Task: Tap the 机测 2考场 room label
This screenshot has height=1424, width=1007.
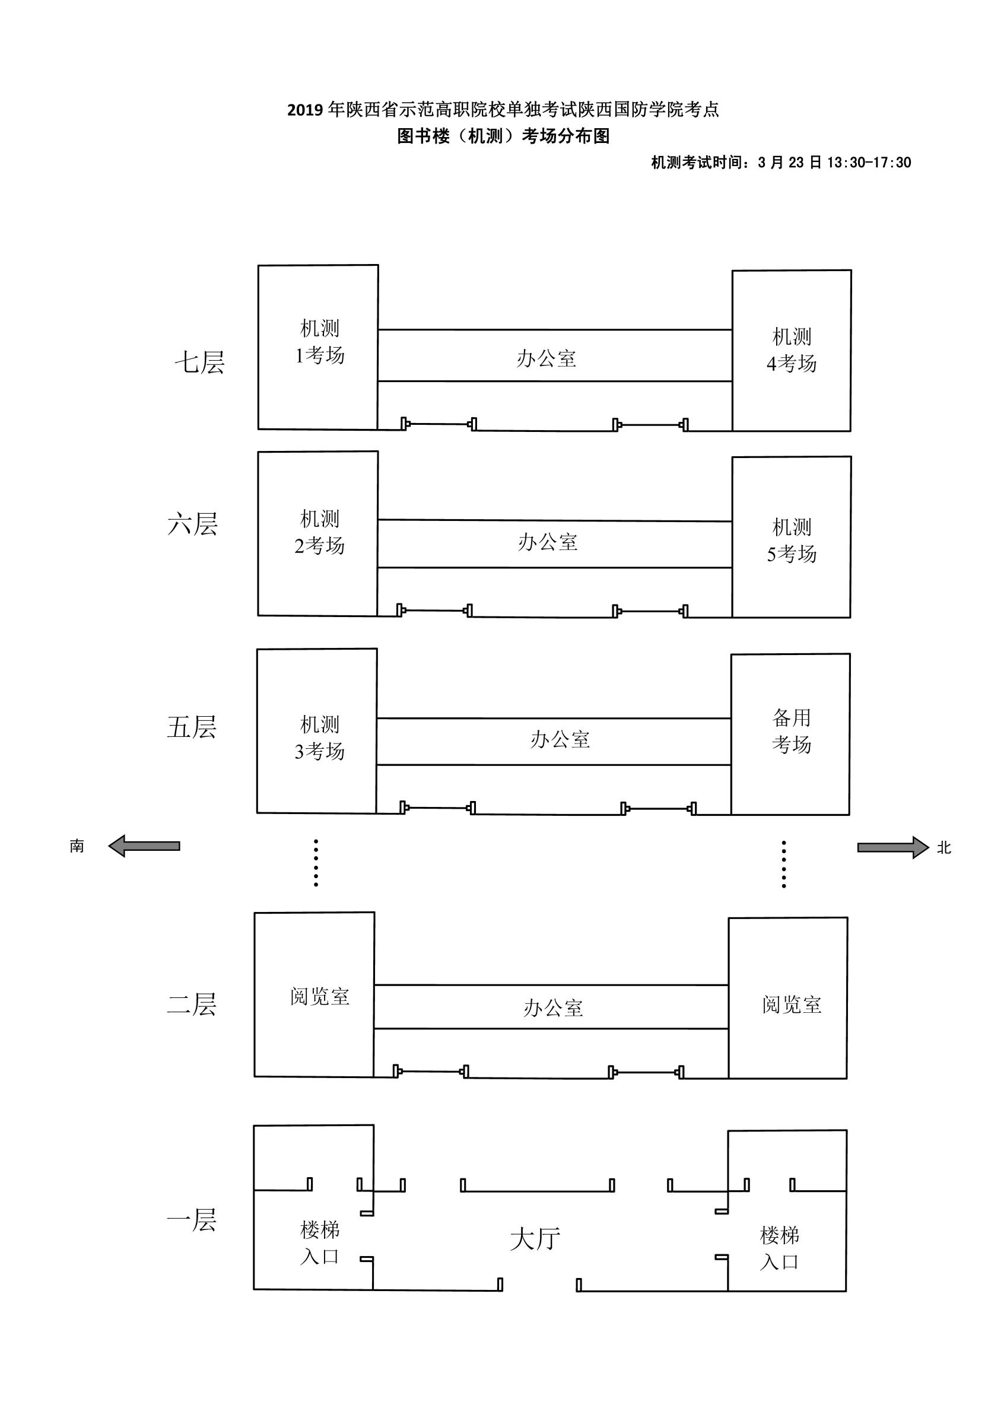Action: [x=319, y=532]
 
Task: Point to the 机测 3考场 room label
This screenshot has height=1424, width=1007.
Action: [x=319, y=738]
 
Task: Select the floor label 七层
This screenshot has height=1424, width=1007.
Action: [x=199, y=362]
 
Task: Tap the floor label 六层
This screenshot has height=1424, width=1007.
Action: [x=192, y=525]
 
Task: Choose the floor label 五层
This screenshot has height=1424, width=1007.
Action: [x=191, y=727]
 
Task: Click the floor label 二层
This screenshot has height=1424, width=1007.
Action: [x=191, y=1005]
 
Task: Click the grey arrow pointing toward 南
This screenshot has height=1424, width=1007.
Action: [x=144, y=846]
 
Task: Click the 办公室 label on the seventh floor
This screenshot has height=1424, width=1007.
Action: [x=546, y=358]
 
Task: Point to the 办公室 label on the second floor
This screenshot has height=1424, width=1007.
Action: [x=553, y=1008]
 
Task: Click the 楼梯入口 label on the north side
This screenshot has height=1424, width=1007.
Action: [x=779, y=1248]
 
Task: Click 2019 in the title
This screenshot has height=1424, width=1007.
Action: [x=305, y=110]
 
